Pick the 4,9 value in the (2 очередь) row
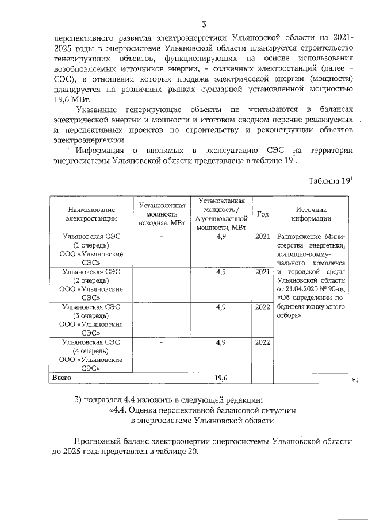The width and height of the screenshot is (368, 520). coord(221,272)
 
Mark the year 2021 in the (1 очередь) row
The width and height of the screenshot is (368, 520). coord(262,237)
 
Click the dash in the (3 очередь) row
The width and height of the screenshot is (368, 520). coord(162,307)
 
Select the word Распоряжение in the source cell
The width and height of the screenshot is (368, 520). coord(300,237)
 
